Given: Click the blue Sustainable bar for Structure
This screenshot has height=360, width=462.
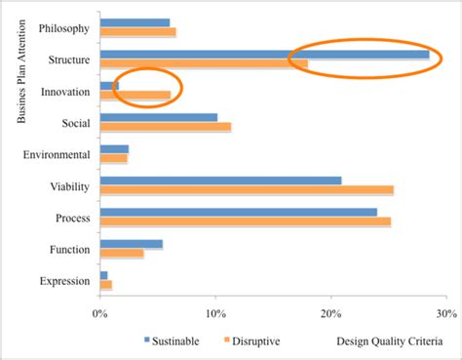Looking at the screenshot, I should (x=263, y=55).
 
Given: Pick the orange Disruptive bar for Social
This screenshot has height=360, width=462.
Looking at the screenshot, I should (x=165, y=127).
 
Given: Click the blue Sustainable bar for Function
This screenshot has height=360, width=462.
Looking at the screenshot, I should (x=131, y=244).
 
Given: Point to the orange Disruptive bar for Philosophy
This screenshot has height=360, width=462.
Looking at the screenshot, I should (x=137, y=32).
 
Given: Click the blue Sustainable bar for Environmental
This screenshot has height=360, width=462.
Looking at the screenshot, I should (x=114, y=148).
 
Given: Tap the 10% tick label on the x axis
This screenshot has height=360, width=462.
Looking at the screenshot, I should (x=215, y=313).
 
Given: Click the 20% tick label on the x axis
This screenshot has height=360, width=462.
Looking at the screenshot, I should (x=331, y=313).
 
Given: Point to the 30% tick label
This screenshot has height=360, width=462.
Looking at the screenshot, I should (x=445, y=313).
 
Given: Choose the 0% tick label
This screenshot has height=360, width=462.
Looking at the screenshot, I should (x=99, y=313).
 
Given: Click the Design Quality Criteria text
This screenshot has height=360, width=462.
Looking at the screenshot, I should (x=389, y=341).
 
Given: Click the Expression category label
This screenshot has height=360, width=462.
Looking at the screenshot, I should (x=66, y=281).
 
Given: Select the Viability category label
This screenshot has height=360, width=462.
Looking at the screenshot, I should (x=71, y=185).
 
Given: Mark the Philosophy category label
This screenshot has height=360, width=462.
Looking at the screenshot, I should (x=65, y=28).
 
